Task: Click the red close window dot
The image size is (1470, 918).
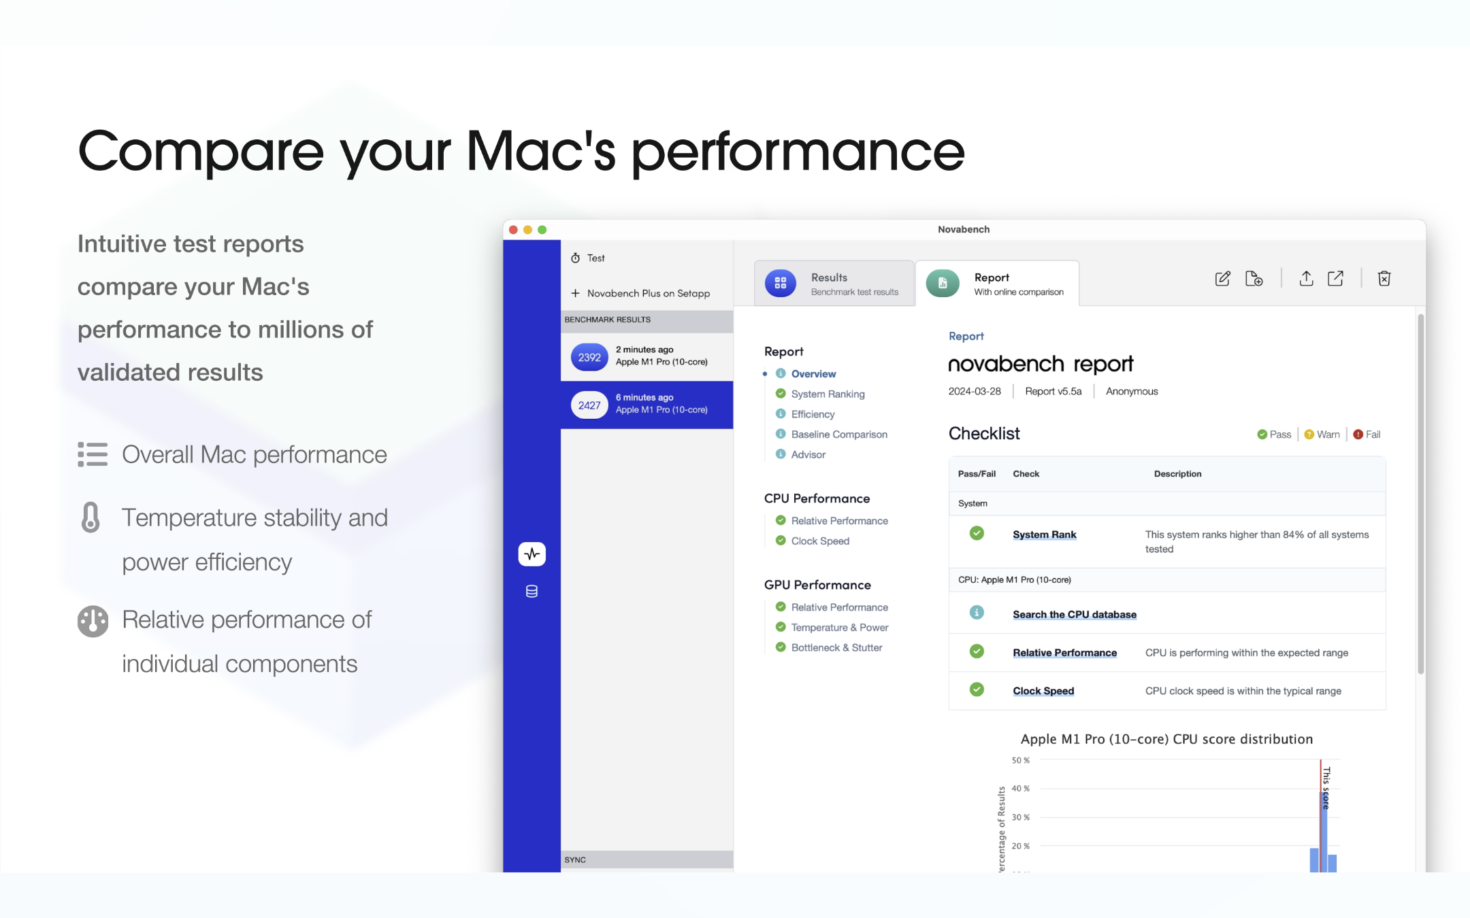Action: [x=513, y=230]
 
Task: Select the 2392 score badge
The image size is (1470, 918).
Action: [x=589, y=357]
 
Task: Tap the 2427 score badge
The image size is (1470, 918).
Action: [x=589, y=405]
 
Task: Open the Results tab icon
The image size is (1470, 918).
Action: [x=781, y=283]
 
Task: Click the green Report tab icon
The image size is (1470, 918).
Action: [x=943, y=283]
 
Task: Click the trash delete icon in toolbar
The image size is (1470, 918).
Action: [x=1384, y=278]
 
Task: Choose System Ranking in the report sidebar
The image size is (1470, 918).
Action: [x=828, y=394]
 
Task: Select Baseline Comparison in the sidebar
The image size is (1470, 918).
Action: [x=839, y=435]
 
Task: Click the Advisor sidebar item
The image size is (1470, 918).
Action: [x=808, y=454]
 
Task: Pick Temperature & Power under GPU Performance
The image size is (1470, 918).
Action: [x=839, y=627]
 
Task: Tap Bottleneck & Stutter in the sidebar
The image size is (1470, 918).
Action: [x=836, y=647]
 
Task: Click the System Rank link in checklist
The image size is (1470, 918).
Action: [x=1044, y=534]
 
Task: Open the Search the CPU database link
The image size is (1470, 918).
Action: [x=1074, y=614]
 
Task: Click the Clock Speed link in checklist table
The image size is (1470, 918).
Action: [x=1043, y=691]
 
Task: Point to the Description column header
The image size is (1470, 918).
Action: [x=1177, y=474]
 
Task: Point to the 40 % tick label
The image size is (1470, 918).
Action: [x=1020, y=789]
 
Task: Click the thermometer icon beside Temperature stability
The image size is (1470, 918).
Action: [x=91, y=517]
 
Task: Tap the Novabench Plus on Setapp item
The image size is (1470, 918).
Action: [x=648, y=293]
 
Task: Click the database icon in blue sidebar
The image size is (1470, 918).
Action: [x=532, y=592]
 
